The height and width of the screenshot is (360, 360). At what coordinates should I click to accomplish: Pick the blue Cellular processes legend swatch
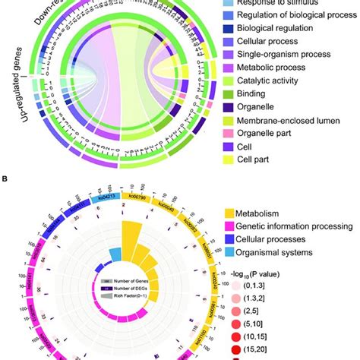(x=230, y=239)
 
